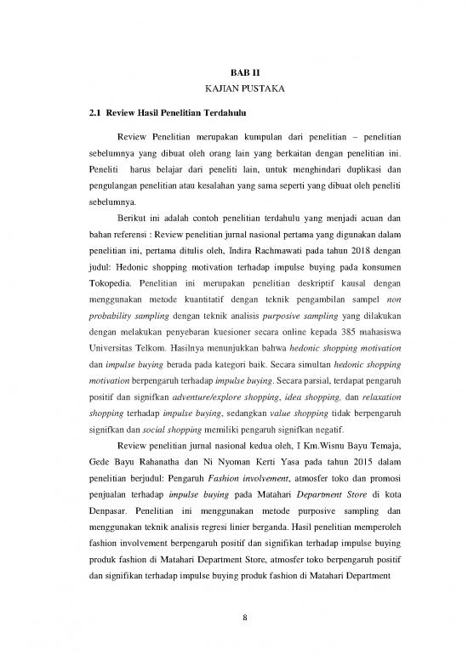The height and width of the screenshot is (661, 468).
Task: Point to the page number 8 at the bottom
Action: coord(233,618)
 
